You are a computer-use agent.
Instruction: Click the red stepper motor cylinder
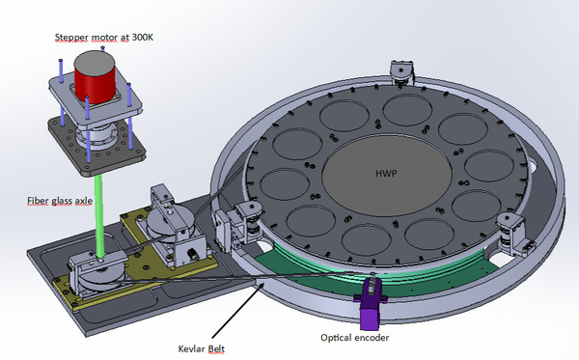[x=95, y=84]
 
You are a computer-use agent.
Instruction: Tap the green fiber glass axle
[x=98, y=216]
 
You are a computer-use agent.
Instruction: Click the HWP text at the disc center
[x=386, y=173]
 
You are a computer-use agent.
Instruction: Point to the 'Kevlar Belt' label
[x=202, y=349]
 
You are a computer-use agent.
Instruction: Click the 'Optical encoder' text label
[x=354, y=338]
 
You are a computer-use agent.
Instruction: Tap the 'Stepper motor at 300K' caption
[x=104, y=38]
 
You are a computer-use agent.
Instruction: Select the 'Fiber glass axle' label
[x=60, y=201]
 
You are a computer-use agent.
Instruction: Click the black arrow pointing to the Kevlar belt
[x=238, y=310]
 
